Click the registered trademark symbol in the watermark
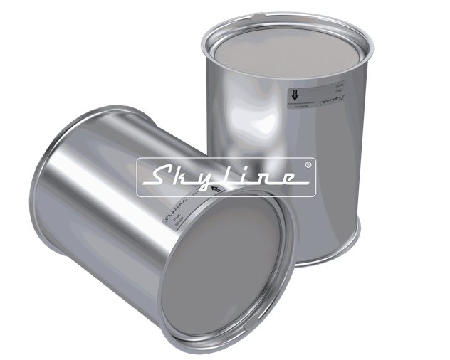(x=306, y=164)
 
